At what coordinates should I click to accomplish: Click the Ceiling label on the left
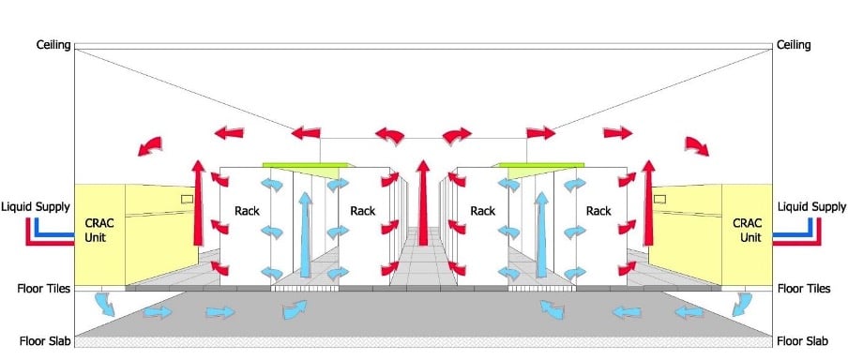53,44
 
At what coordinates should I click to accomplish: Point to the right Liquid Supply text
811,206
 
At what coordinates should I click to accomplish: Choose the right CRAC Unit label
750,231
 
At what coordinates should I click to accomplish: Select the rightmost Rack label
598,210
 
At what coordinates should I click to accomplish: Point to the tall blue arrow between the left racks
306,234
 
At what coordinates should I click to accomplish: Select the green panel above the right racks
539,165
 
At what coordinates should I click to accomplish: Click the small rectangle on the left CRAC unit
188,199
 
